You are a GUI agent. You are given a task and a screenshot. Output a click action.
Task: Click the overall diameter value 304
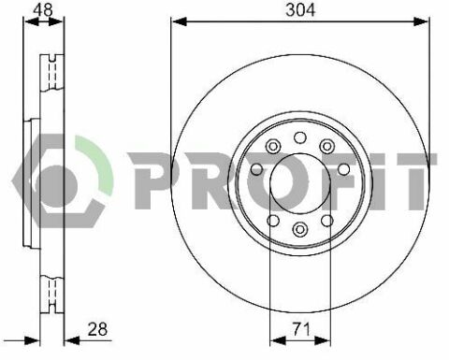pyautogui.click(x=300, y=10)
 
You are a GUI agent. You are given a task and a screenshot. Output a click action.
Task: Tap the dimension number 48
pyautogui.click(x=43, y=9)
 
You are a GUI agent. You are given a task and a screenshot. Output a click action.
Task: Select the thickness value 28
pyautogui.click(x=97, y=329)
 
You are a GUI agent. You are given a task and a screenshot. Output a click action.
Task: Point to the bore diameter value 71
pyautogui.click(x=301, y=329)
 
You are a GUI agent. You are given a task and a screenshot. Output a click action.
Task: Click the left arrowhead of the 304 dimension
pyautogui.click(x=179, y=22)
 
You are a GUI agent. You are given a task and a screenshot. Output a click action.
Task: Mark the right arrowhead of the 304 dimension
pyautogui.click(x=421, y=22)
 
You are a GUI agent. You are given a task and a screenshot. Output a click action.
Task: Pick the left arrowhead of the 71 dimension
pyautogui.click(x=278, y=340)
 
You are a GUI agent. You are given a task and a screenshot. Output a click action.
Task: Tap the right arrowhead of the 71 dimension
pyautogui.click(x=323, y=340)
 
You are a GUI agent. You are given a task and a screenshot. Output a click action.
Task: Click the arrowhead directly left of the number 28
pyautogui.click(x=72, y=340)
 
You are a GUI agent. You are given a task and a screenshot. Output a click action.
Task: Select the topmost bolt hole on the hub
pyautogui.click(x=300, y=137)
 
